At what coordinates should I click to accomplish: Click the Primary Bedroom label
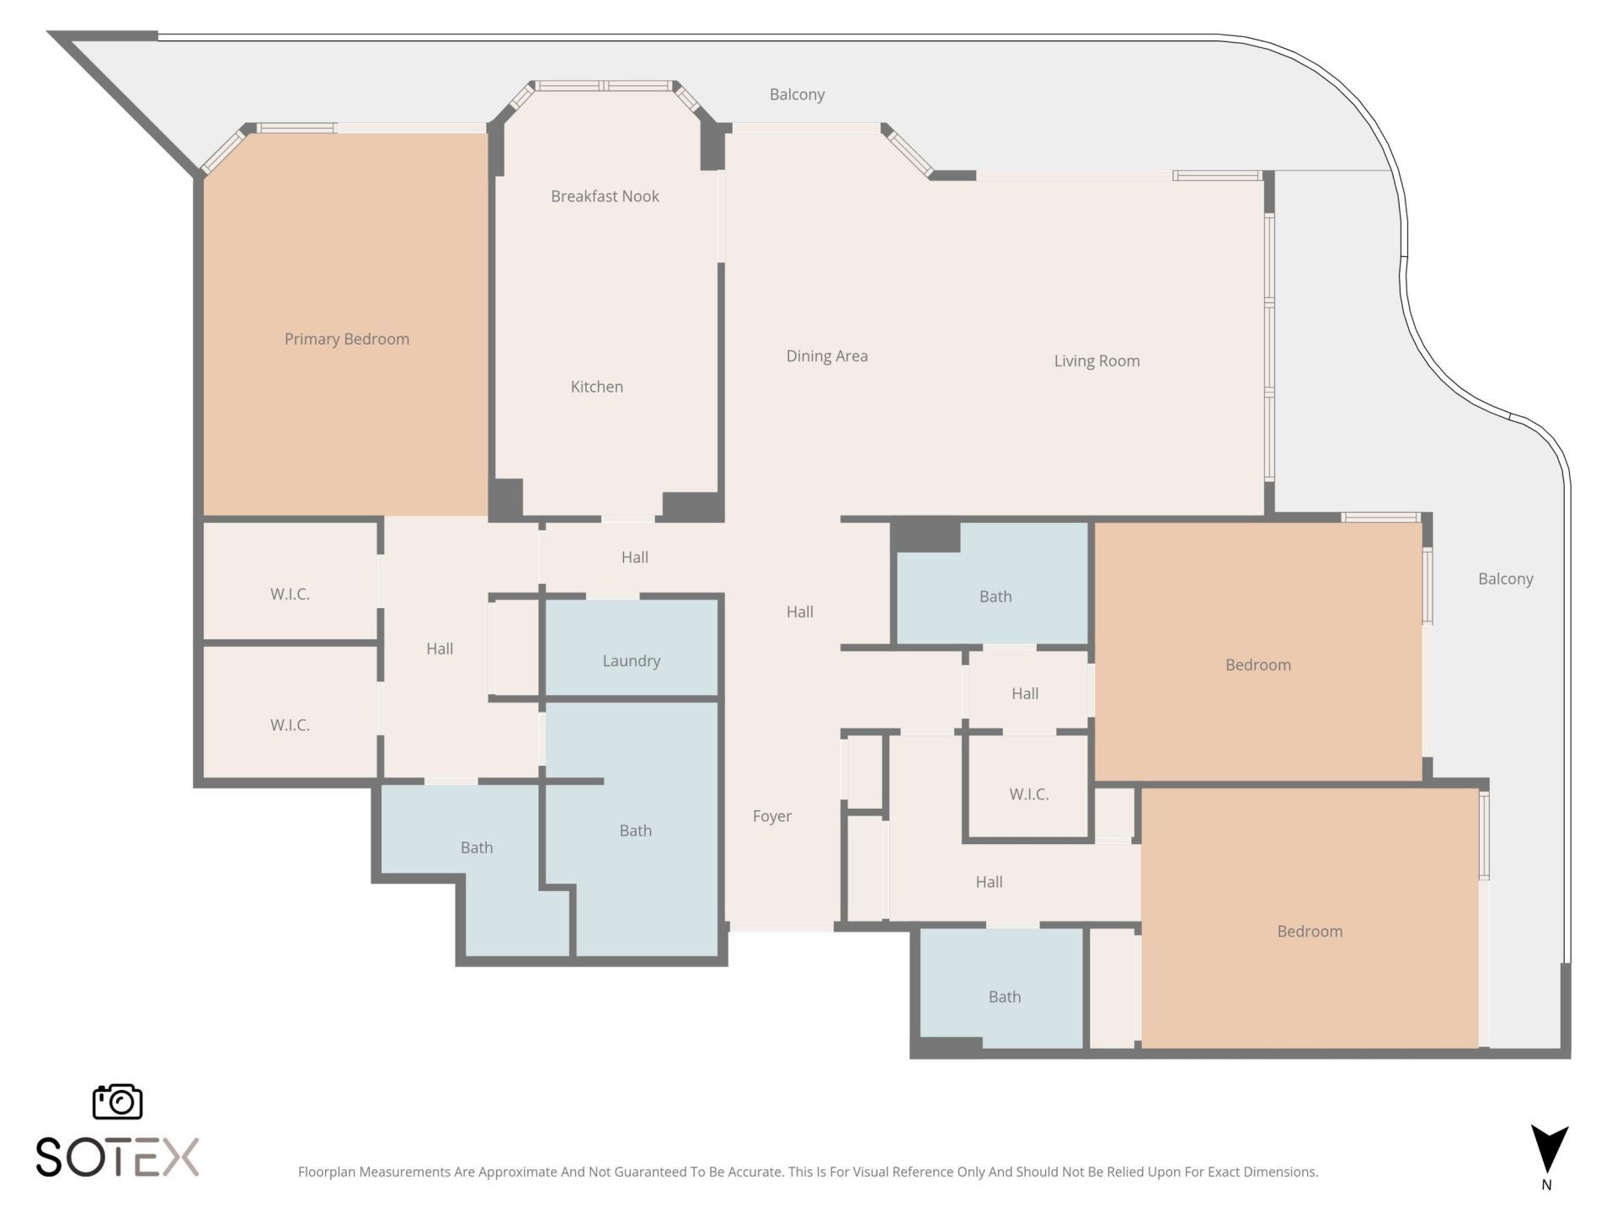[x=346, y=339]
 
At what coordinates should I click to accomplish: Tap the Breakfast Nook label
[x=605, y=196]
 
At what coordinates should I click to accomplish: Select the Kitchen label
[x=596, y=387]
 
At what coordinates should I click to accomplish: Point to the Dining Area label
[x=826, y=355]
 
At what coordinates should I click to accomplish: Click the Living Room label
[x=1097, y=361]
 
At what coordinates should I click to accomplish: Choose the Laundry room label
[x=631, y=660]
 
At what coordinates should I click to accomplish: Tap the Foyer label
[x=771, y=815]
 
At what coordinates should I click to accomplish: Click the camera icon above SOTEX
[x=117, y=1102]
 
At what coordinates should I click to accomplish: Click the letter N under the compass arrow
[x=1546, y=1184]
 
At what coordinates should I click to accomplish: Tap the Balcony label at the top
[x=797, y=94]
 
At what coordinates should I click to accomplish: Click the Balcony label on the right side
[x=1505, y=579]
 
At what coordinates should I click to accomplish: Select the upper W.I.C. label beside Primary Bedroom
[x=290, y=594]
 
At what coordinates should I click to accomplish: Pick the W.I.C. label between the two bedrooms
[x=1028, y=794]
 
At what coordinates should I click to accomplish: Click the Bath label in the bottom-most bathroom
[x=1004, y=997]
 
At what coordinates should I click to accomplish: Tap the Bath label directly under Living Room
[x=995, y=596]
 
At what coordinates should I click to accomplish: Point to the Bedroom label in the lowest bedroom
[x=1310, y=931]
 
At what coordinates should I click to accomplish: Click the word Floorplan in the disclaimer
[x=327, y=1172]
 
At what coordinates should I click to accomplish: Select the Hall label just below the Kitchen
[x=634, y=557]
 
